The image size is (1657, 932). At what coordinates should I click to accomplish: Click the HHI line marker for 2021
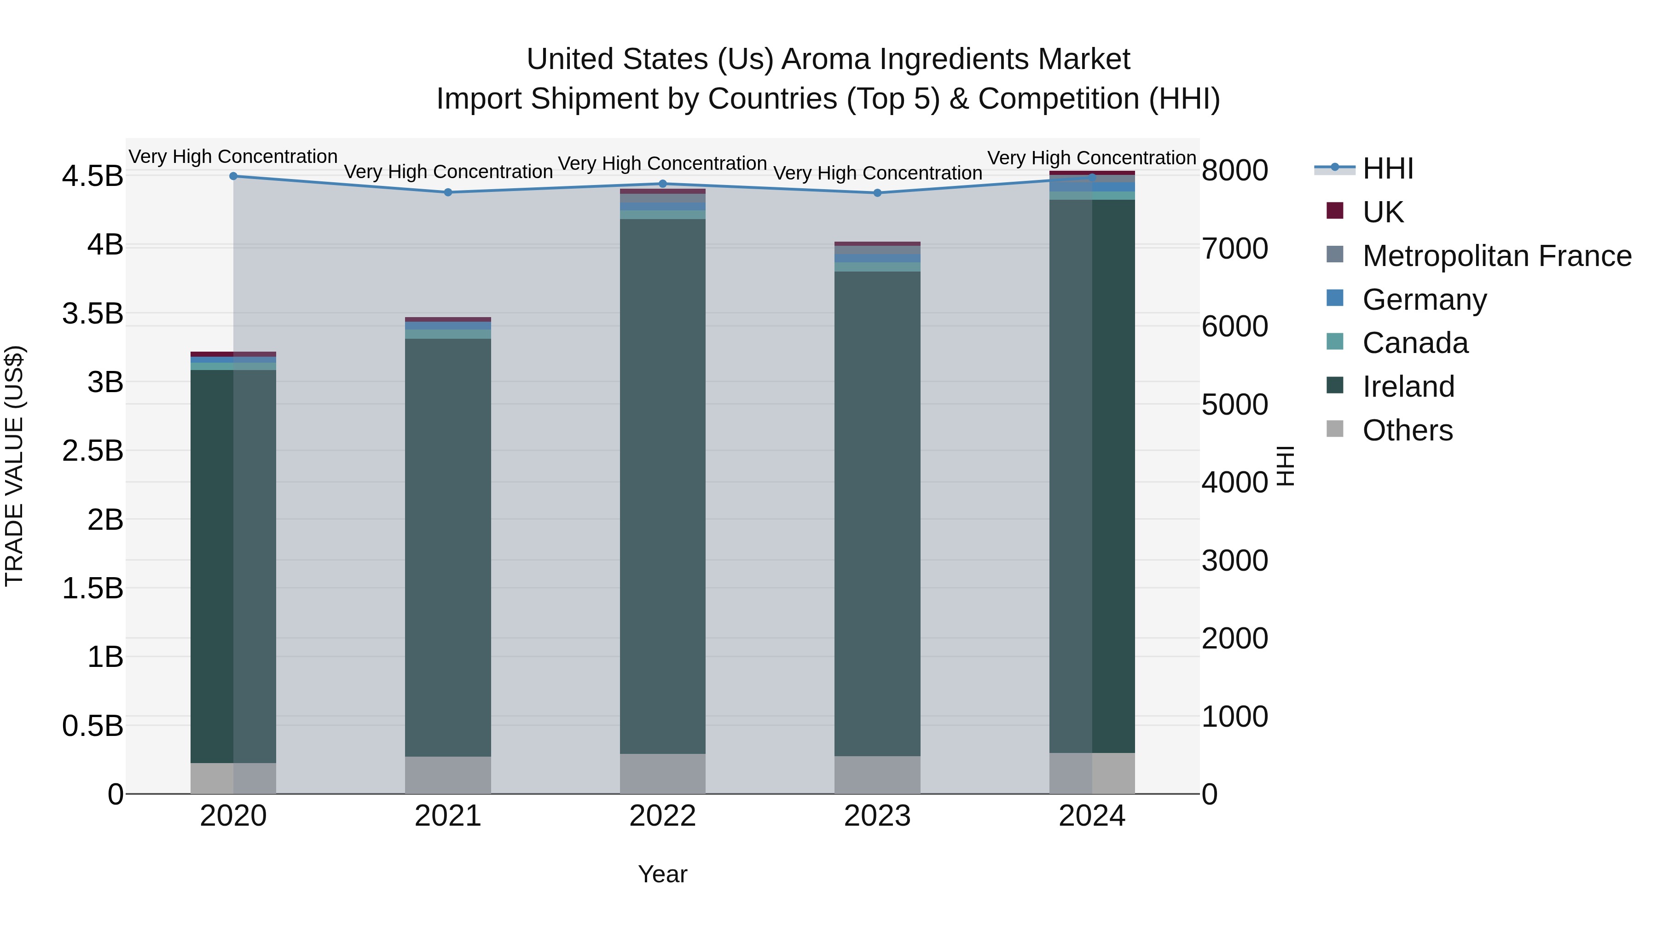[x=448, y=192]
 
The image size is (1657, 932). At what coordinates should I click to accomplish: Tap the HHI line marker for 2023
[x=877, y=193]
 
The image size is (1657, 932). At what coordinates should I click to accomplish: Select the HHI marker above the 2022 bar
[x=662, y=184]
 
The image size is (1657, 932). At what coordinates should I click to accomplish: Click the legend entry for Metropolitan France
[x=1496, y=256]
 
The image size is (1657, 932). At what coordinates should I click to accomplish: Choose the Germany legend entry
[x=1424, y=300]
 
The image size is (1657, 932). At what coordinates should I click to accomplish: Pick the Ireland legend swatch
[x=1335, y=386]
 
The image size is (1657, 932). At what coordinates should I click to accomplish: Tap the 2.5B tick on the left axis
[x=93, y=451]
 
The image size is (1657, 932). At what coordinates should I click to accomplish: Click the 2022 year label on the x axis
[x=662, y=816]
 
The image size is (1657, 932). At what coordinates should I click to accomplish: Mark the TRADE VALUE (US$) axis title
[x=14, y=466]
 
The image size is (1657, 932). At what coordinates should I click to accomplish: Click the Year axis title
[x=662, y=874]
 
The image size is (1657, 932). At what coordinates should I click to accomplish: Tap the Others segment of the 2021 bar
[x=448, y=775]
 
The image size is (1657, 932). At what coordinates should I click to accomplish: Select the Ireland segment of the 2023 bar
[x=877, y=515]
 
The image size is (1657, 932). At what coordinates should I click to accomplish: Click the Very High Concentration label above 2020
[x=233, y=157]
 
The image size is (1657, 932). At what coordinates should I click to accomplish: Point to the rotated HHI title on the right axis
[x=1285, y=466]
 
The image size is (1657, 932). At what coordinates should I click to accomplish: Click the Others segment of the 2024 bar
[x=1092, y=773]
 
